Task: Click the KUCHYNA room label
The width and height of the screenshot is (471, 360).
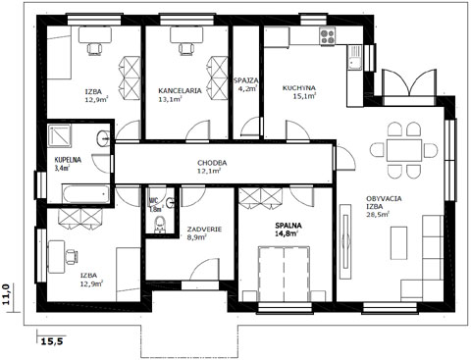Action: pos(299,88)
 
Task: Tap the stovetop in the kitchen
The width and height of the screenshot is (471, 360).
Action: pos(328,36)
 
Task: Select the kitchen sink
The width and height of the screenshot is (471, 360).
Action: pos(354,58)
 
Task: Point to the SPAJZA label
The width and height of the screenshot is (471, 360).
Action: pos(246,80)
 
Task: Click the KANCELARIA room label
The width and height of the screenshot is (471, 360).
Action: pos(180,90)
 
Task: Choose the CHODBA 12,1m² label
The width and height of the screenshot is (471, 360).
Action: pos(212,167)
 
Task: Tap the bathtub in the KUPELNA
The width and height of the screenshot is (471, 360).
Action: pos(85,194)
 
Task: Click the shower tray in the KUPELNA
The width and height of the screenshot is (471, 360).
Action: pos(59,134)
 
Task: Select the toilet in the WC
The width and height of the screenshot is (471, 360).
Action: pos(160,225)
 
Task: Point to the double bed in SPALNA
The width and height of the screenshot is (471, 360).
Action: pos(284,274)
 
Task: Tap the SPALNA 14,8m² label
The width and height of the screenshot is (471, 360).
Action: pos(288,230)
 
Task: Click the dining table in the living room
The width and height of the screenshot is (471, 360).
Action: pos(404,150)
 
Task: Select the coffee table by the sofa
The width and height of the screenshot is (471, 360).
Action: pos(399,243)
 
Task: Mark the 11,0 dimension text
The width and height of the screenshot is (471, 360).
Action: pos(7,294)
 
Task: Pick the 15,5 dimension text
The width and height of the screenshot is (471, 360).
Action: pos(52,341)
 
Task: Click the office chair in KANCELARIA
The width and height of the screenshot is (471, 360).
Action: pos(186,48)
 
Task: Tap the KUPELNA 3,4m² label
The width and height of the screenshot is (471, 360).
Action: pos(68,164)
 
